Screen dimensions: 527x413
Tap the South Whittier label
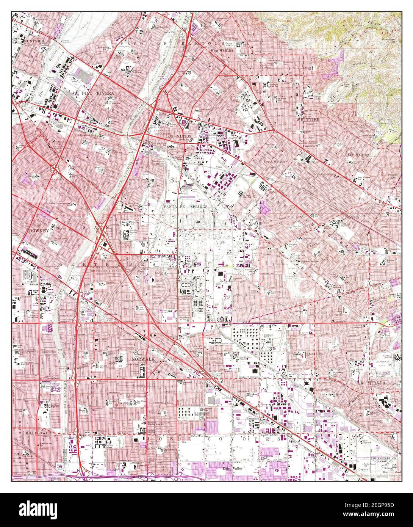coord(275,161)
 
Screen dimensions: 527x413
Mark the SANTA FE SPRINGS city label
coord(186,207)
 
